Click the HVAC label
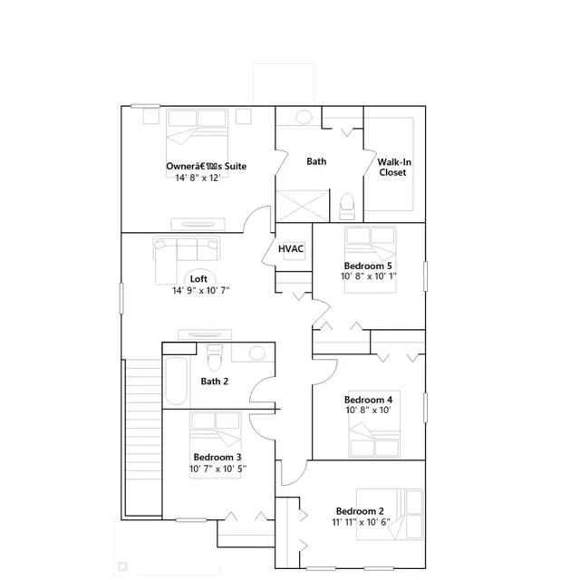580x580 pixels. pos(291,248)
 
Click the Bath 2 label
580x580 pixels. pos(215,382)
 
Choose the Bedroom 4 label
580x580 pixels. pos(368,400)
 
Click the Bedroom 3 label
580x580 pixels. pos(217,457)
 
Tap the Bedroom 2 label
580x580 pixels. pos(361,510)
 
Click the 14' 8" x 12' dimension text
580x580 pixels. pos(198,179)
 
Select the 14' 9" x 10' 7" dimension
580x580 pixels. pos(201,291)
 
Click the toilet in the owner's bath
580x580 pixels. pos(345,207)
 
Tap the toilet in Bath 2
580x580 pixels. pos(214,356)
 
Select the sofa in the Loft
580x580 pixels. pos(186,253)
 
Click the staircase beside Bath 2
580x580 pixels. pos(141,435)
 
